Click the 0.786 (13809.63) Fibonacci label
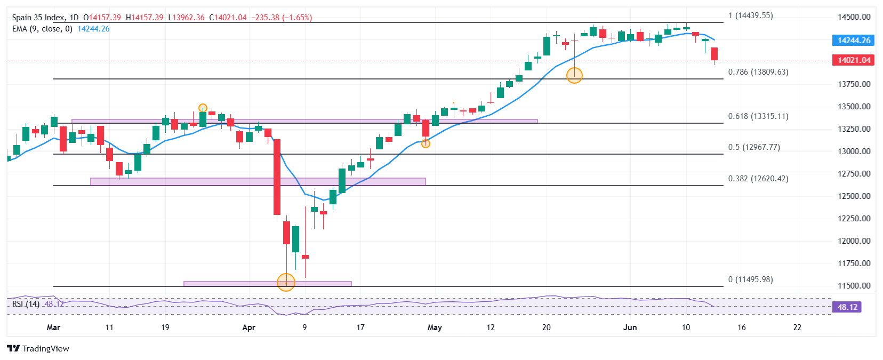(x=758, y=72)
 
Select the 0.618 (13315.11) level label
(x=758, y=116)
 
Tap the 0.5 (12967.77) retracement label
(x=754, y=147)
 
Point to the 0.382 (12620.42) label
(x=758, y=179)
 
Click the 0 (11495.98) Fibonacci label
(x=751, y=279)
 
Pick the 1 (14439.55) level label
(x=751, y=16)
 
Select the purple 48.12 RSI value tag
(x=847, y=307)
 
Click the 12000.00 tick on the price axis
(x=854, y=241)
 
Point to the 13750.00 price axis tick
(x=854, y=84)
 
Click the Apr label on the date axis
(x=248, y=327)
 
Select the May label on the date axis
(x=435, y=327)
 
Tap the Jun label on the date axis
(x=630, y=327)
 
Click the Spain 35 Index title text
(x=39, y=18)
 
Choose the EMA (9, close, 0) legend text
(x=42, y=29)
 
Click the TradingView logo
(x=38, y=349)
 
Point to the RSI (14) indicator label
(x=26, y=304)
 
